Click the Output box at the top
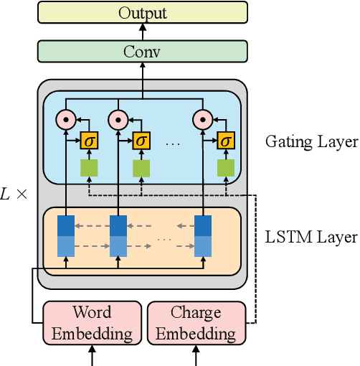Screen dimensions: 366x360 142,12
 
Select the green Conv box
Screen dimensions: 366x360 142,51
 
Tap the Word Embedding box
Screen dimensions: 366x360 92,323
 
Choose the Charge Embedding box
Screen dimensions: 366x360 195,323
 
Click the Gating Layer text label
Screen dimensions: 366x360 311,142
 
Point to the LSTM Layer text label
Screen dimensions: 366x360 311,237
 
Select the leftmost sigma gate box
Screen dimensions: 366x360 89,141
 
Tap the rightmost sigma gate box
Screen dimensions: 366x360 226,141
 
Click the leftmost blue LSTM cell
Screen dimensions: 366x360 66,236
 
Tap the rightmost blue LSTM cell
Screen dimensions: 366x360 204,236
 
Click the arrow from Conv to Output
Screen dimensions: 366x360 142,32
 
